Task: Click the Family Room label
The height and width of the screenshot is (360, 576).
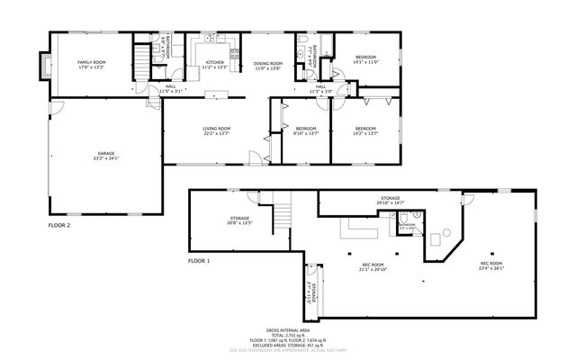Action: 91,64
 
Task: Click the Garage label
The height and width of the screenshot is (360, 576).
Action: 106,157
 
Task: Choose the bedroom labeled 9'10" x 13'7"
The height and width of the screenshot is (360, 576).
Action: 307,131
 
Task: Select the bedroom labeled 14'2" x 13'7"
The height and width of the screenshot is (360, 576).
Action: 365,131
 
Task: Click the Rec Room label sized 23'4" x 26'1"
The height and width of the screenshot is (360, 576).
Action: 491,266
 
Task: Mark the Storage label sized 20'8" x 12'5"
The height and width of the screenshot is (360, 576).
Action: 239,220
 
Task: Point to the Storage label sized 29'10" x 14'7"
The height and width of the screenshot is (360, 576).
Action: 390,201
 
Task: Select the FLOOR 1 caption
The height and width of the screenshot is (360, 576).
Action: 199,261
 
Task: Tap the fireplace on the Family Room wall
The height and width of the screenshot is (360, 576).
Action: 40,65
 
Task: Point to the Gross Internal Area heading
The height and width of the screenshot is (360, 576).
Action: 287,331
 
